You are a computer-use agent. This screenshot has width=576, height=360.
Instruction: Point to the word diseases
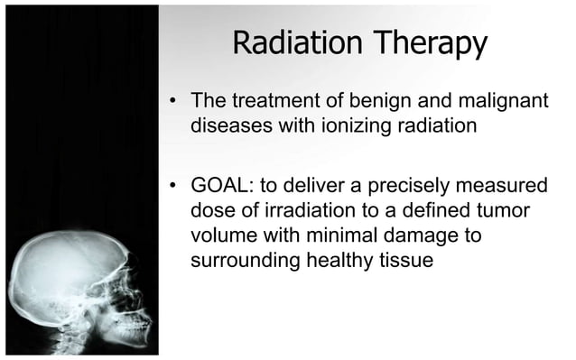[x=230, y=125]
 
